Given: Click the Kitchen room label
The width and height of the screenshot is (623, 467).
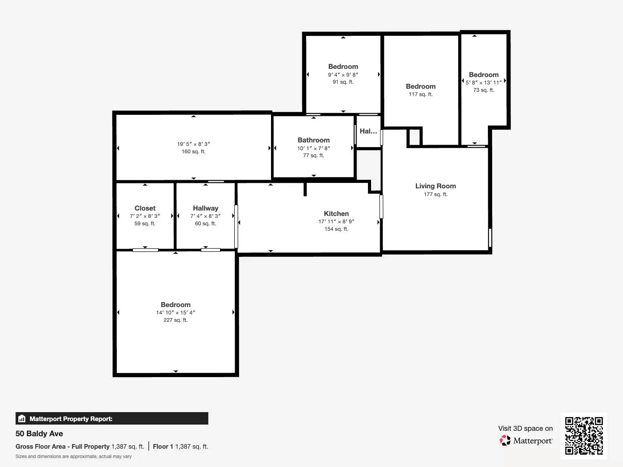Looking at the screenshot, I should click(x=336, y=214).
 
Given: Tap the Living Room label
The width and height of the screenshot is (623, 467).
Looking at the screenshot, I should click(x=435, y=186).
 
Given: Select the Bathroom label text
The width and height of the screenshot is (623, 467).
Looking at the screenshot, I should click(x=313, y=140).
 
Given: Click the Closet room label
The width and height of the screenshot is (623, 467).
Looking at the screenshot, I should click(x=145, y=208).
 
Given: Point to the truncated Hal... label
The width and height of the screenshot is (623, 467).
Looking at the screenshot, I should click(x=368, y=131).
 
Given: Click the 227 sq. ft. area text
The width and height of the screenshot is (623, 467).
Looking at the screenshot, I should click(x=175, y=320).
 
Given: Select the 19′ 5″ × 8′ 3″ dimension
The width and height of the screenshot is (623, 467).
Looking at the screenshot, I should click(x=194, y=144).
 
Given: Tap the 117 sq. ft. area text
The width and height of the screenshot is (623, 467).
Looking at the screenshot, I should click(x=421, y=94).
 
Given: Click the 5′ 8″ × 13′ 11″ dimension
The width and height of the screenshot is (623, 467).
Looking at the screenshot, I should click(x=484, y=83).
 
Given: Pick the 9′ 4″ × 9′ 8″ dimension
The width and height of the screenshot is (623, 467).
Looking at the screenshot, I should click(x=343, y=75).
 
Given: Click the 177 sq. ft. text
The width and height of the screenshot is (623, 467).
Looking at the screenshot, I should click(x=435, y=194).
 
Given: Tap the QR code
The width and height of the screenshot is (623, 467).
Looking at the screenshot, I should click(x=584, y=435).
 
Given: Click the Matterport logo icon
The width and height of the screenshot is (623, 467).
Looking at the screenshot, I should click(x=505, y=441).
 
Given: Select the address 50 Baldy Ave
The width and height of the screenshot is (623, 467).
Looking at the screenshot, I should click(x=39, y=434).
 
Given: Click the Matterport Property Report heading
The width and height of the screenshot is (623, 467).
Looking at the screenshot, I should click(x=71, y=419).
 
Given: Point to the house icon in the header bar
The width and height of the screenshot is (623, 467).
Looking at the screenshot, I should click(x=22, y=419).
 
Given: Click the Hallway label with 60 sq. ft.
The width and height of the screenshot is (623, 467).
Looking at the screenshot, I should click(x=205, y=208).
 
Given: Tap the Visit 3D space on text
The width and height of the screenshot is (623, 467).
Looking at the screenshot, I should click(x=525, y=428).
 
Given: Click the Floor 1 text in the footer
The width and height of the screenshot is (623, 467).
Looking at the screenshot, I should click(x=163, y=446).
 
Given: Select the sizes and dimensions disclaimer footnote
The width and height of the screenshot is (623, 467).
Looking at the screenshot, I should click(x=74, y=456).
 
